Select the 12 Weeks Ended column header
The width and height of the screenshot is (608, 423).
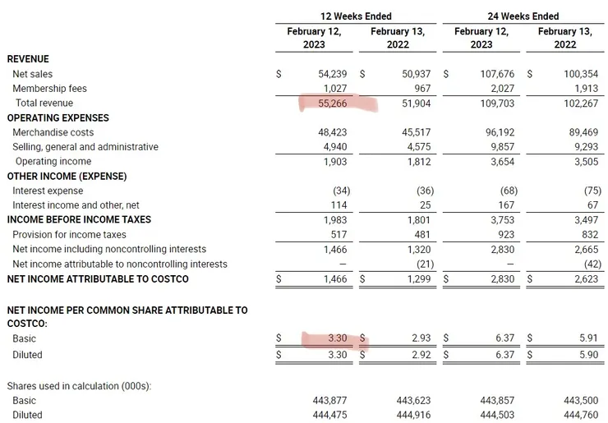[x=356, y=16]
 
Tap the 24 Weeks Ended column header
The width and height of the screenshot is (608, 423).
[x=523, y=16]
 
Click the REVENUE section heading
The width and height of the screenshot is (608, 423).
[x=28, y=59]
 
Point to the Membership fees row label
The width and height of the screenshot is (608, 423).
[x=49, y=89]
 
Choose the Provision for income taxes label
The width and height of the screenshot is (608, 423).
[x=69, y=235]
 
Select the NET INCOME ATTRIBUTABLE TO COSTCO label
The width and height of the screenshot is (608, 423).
[x=98, y=279]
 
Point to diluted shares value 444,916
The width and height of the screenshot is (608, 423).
[x=413, y=415]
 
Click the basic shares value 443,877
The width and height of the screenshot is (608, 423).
[x=330, y=400]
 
